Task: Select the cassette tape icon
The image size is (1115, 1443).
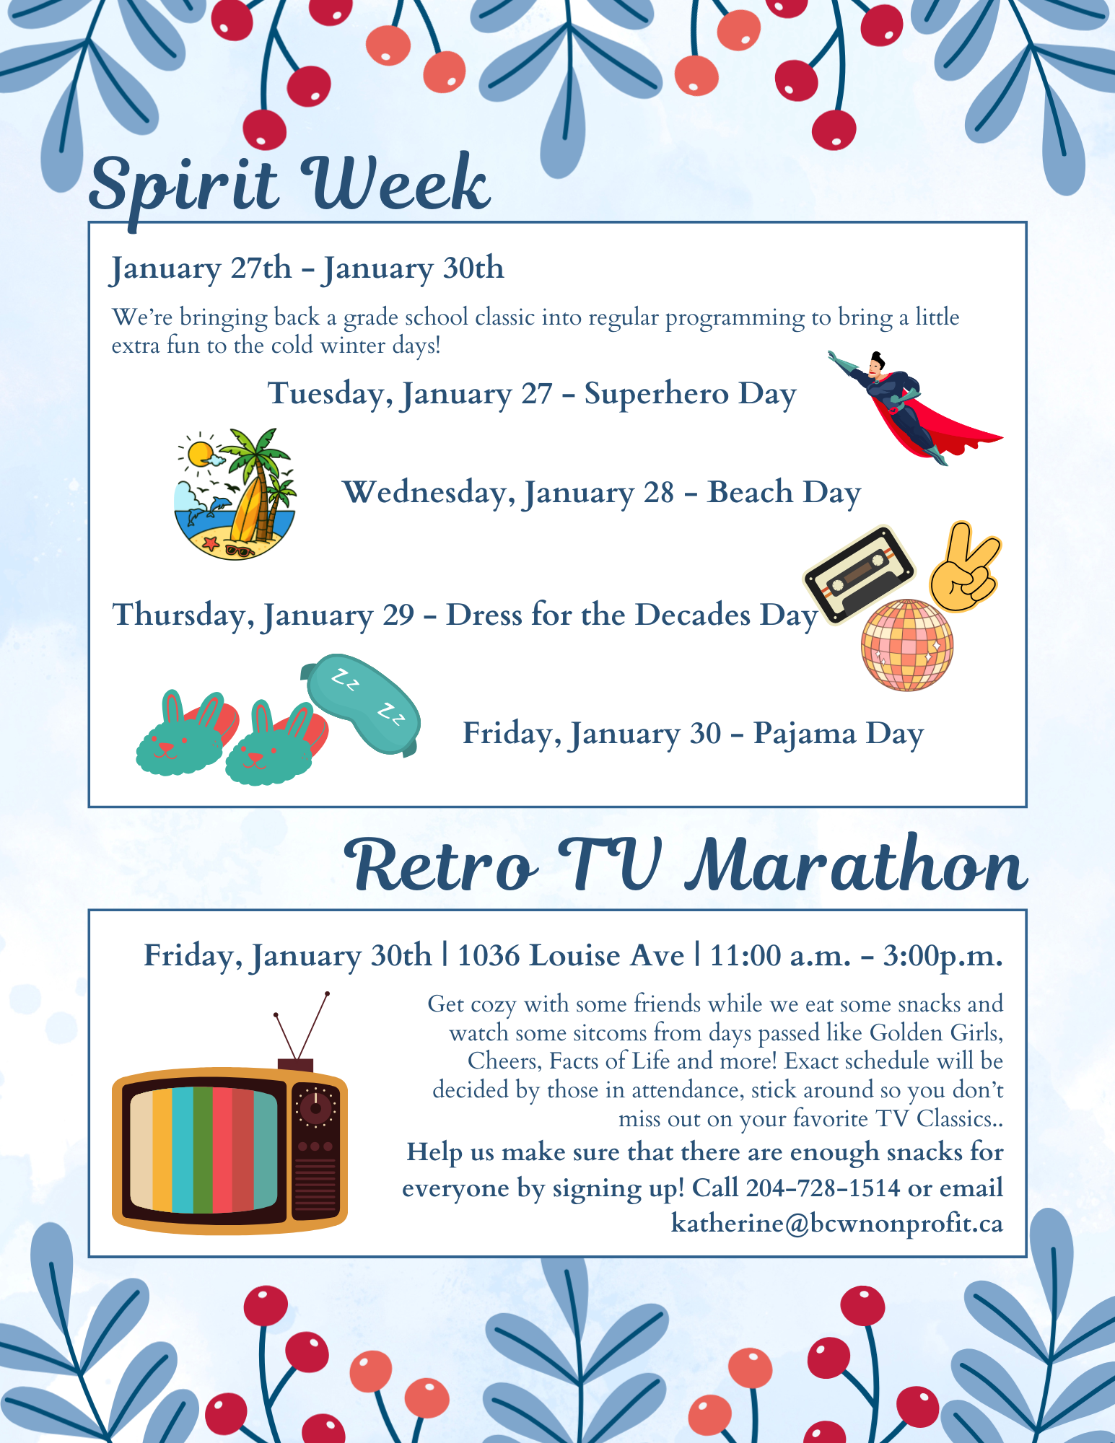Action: pos(859,574)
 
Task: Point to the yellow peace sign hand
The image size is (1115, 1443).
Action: pos(965,567)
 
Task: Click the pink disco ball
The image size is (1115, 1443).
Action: pos(907,645)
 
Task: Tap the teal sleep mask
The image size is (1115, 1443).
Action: pos(361,703)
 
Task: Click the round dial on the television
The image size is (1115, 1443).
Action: pos(315,1107)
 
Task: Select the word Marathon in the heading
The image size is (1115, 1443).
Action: pos(856,864)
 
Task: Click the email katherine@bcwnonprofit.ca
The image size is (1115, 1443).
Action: pos(837,1223)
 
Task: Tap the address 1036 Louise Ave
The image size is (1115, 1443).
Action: pos(571,955)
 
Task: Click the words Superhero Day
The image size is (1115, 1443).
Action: pos(691,394)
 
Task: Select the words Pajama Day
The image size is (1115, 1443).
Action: pos(839,734)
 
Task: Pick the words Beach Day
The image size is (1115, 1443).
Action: pos(784,493)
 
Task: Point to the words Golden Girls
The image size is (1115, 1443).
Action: pos(936,1033)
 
